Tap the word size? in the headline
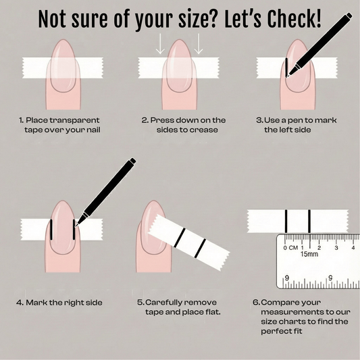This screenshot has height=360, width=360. [197, 20]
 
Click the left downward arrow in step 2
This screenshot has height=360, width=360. [160, 44]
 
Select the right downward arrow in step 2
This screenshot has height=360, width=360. [199, 44]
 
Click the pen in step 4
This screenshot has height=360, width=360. [105, 192]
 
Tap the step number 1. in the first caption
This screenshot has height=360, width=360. [22, 120]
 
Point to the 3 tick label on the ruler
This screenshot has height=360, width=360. [336, 248]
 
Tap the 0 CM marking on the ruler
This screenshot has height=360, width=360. [291, 248]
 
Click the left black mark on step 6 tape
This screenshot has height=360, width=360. [286, 221]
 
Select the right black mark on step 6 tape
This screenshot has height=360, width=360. [309, 221]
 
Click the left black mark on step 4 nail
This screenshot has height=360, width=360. [51, 230]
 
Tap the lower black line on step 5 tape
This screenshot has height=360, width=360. [200, 248]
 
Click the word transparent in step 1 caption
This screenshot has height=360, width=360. [74, 120]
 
